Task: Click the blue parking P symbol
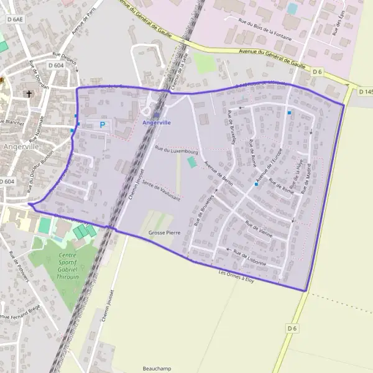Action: pyautogui.click(x=103, y=124)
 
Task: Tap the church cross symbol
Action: pyautogui.click(x=28, y=94)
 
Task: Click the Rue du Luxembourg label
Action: pyautogui.click(x=176, y=150)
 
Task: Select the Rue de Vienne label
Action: pyautogui.click(x=259, y=229)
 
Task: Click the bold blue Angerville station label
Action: pyautogui.click(x=156, y=122)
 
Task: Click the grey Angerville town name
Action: pyautogui.click(x=21, y=147)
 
